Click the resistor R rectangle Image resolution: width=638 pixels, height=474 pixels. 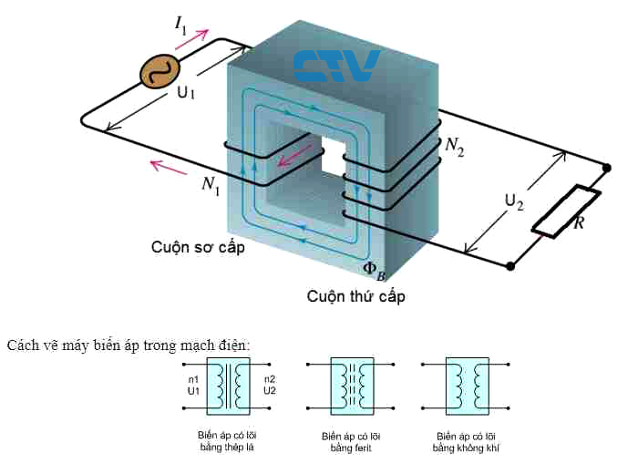[x=566, y=211]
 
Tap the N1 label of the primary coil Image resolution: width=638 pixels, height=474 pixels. [x=211, y=185]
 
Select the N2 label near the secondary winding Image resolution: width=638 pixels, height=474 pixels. [x=454, y=146]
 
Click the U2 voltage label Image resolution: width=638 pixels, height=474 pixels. [x=514, y=202]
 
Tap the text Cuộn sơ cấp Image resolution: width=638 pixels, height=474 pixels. [x=198, y=247]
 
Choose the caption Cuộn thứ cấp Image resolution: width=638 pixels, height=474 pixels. [x=355, y=296]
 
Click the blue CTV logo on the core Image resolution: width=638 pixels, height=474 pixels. [x=336, y=66]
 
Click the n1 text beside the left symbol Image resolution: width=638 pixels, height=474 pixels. [x=193, y=378]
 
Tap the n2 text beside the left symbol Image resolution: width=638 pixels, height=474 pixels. [x=269, y=378]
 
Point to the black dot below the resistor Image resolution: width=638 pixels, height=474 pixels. [x=509, y=266]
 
